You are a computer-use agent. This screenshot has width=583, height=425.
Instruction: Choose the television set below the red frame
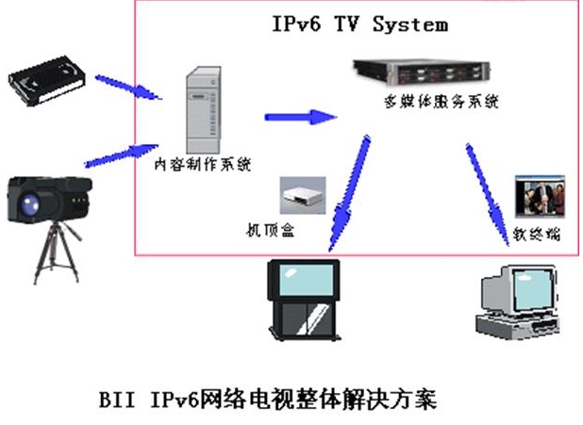pyautogui.click(x=303, y=298)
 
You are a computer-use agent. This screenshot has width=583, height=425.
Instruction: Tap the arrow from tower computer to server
pyautogui.click(x=300, y=118)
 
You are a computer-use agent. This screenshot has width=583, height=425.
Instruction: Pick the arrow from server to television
pyautogui.click(x=346, y=192)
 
